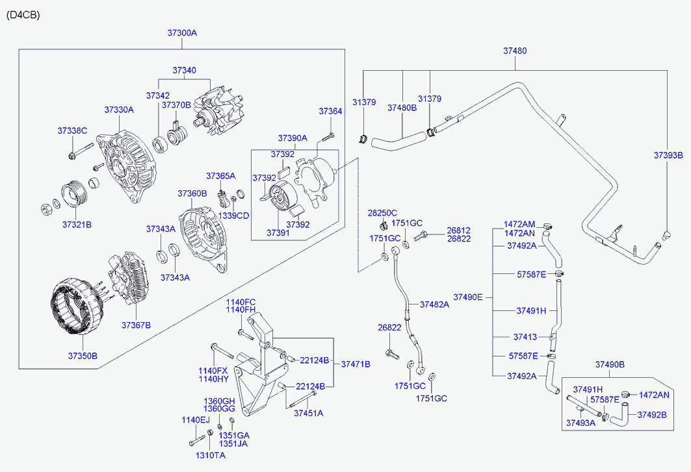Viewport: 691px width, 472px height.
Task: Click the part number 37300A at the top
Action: coord(182,32)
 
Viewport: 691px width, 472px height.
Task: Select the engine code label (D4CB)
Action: coord(23,15)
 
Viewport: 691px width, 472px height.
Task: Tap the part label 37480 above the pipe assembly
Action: coord(515,51)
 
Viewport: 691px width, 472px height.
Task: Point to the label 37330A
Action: coord(119,110)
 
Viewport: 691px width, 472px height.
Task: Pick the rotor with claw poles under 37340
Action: coord(218,116)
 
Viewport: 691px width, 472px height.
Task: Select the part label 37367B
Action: coord(136,325)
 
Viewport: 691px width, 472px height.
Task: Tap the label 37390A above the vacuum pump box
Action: coord(293,138)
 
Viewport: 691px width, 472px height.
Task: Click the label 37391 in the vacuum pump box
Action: coord(278,232)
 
